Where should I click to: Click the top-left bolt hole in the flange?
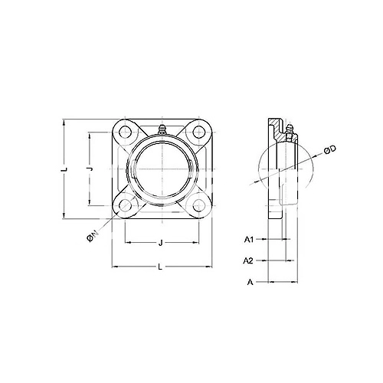125,133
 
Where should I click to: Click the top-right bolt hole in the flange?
199,133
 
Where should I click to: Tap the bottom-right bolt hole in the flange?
199,205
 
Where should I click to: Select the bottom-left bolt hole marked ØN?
125,205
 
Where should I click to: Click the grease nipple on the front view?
162,129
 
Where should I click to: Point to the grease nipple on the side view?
289,131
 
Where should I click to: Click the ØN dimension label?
93,236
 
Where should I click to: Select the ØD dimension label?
330,149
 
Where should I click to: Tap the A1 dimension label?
249,240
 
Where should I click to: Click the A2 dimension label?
248,260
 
